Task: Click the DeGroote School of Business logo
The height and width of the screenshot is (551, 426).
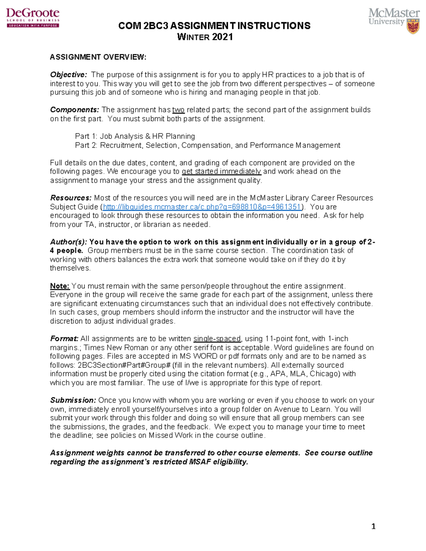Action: pyautogui.click(x=33, y=17)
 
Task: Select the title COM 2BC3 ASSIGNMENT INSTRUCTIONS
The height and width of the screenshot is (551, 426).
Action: pyautogui.click(x=214, y=26)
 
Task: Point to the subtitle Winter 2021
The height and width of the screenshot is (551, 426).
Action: pyautogui.click(x=205, y=37)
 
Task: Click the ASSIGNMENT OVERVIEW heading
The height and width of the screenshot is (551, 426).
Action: pyautogui.click(x=98, y=57)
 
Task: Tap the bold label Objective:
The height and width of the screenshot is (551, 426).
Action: pyautogui.click(x=69, y=75)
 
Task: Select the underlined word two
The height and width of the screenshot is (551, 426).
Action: pyautogui.click(x=178, y=110)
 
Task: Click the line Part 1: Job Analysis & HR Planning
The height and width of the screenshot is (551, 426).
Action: pyautogui.click(x=135, y=136)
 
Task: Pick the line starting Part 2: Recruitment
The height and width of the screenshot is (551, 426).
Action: pyautogui.click(x=208, y=145)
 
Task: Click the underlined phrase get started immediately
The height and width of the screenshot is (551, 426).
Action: pyautogui.click(x=222, y=171)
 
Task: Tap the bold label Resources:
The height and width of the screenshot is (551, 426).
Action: pyautogui.click(x=71, y=198)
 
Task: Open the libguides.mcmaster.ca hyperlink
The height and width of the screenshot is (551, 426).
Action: pyautogui.click(x=202, y=207)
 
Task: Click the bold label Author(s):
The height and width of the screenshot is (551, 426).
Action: pyautogui.click(x=69, y=242)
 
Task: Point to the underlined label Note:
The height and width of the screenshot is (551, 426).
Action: pyautogui.click(x=60, y=286)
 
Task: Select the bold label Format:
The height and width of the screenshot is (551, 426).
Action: pyautogui.click(x=64, y=339)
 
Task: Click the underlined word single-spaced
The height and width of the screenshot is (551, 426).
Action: pyautogui.click(x=217, y=339)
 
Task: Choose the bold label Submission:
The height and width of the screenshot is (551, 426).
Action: pyautogui.click(x=73, y=400)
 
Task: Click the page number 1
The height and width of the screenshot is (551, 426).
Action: pyautogui.click(x=373, y=526)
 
